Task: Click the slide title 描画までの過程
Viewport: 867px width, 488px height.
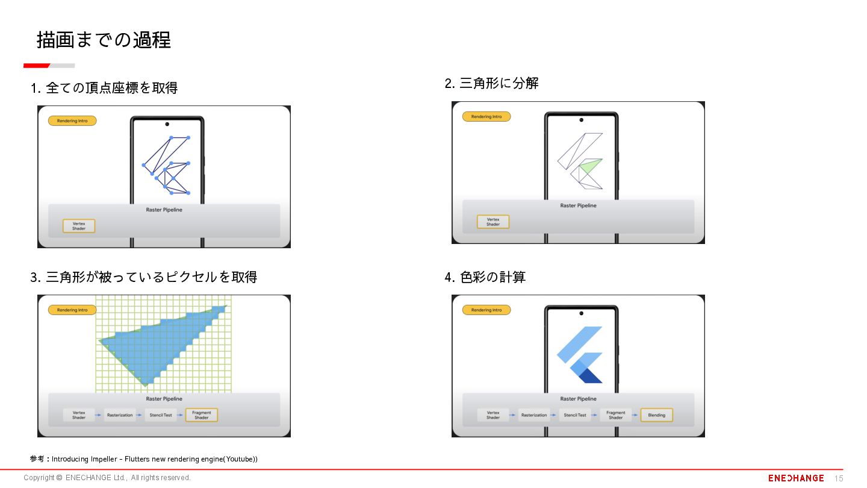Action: coord(104,40)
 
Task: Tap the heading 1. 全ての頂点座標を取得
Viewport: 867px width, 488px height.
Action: coord(104,88)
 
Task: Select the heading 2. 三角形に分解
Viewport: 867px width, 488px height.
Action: coord(491,83)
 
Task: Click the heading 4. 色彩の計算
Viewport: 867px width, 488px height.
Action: coord(485,277)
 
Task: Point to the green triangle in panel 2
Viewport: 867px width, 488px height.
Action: coord(591,166)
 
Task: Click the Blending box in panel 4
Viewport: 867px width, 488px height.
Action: coord(656,414)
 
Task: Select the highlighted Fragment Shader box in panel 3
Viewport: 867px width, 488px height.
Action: coord(201,414)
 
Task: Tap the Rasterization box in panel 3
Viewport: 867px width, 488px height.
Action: coord(120,414)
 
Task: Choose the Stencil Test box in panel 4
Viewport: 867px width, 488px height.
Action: coord(575,414)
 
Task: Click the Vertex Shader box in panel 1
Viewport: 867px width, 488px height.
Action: coord(79,226)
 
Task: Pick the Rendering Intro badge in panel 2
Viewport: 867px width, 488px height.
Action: coord(486,117)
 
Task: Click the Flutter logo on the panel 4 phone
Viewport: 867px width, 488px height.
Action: coord(579,355)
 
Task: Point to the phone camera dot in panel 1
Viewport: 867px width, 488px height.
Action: coord(167,124)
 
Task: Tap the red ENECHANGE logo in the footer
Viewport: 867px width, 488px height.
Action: coord(796,478)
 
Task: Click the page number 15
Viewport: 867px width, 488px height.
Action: coord(839,479)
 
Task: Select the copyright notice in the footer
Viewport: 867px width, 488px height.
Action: coord(107,478)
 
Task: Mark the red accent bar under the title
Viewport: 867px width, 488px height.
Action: coord(36,66)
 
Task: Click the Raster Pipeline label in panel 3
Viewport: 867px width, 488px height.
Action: coord(164,399)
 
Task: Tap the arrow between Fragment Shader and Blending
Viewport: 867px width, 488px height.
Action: coord(635,414)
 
